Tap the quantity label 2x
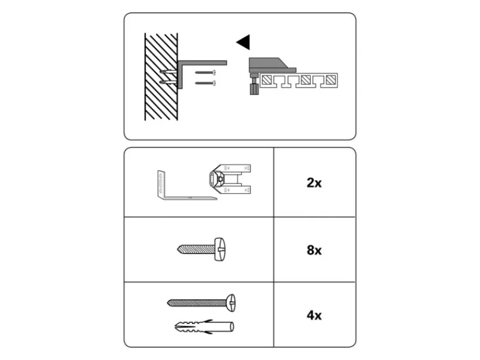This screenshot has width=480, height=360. point(314,183)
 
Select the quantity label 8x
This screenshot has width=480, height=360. point(314,250)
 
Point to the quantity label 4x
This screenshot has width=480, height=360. point(314,315)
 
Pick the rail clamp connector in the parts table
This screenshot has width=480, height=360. point(230,179)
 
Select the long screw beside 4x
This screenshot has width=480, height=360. point(201,303)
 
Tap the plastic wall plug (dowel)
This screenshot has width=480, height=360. point(204,326)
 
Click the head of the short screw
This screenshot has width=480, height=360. point(220,249)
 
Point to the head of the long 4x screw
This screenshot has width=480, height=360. point(231,303)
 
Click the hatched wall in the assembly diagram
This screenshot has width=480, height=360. point(161,77)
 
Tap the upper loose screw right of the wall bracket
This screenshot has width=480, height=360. point(205,73)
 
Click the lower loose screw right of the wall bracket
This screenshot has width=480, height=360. point(205,83)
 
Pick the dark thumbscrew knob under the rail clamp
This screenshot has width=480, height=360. point(254,89)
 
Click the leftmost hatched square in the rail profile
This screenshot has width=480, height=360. point(266,80)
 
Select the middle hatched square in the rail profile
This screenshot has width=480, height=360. point(305,80)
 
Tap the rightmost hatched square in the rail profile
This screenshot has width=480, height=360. point(331,80)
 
